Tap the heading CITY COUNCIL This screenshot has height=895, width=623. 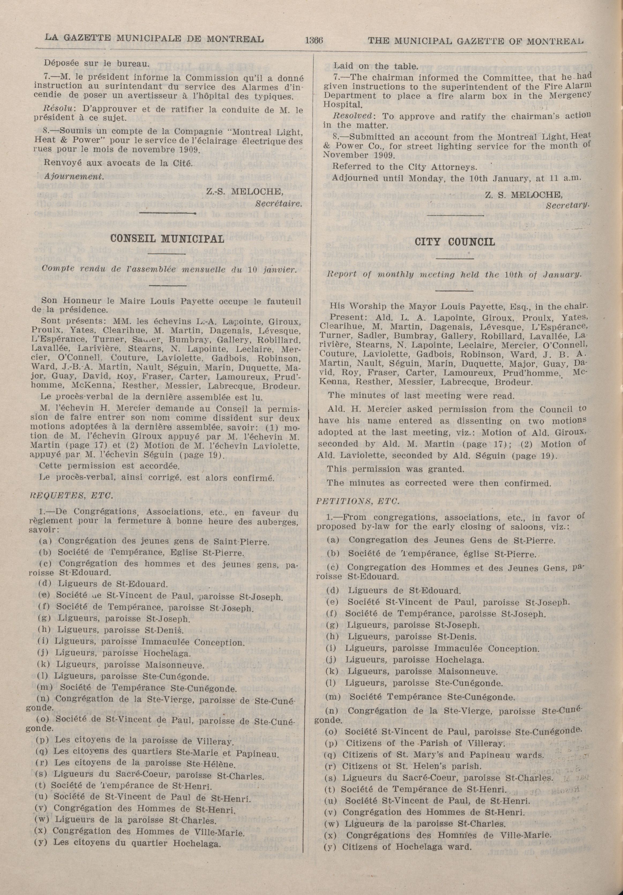click(454, 242)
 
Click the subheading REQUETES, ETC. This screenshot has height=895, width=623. click(72, 496)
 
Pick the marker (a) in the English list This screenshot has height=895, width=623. click(332, 540)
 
